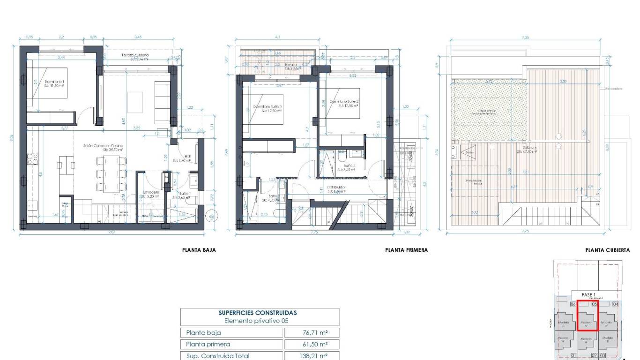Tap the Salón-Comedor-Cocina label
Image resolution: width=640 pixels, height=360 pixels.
point(107,146)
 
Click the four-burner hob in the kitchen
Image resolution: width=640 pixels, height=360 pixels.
point(33,159)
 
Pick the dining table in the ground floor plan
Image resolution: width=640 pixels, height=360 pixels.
point(112,173)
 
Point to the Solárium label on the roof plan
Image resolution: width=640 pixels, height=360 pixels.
point(526,149)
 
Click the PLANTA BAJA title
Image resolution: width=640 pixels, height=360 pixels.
point(199,250)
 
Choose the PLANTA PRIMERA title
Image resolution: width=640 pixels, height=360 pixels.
point(406,250)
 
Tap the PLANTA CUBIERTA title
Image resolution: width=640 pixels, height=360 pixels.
point(607,250)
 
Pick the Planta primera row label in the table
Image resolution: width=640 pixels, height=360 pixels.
point(208,344)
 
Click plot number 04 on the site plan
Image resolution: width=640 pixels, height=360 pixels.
point(615,304)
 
